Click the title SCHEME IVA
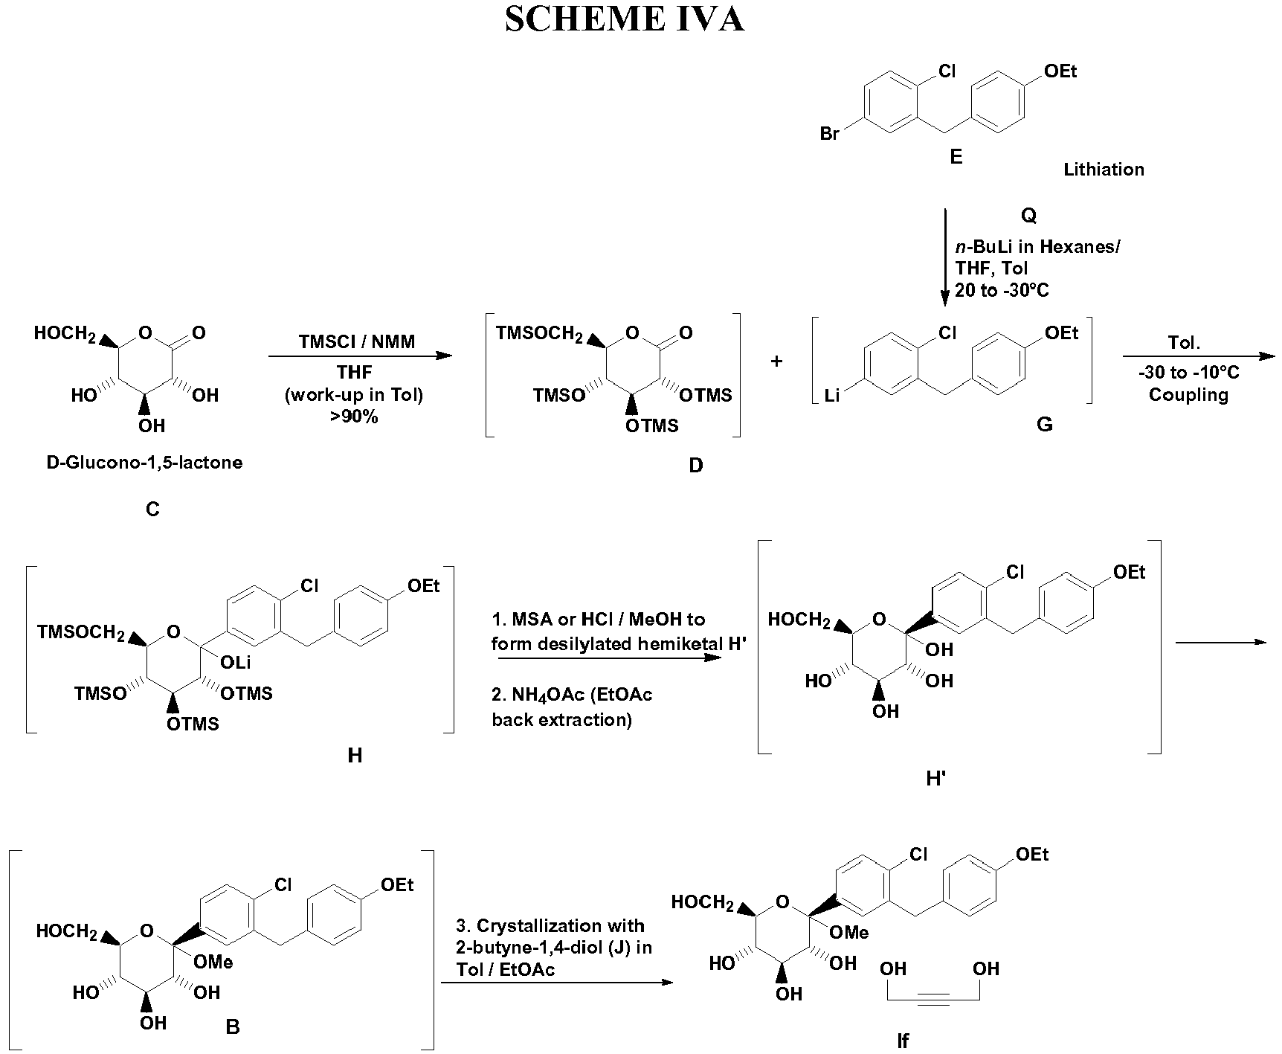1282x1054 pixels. coord(624,20)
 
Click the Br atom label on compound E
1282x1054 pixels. coord(829,134)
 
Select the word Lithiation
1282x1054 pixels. coord(1104,170)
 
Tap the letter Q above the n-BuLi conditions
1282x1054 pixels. coord(1028,216)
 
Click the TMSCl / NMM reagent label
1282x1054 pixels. coord(357,342)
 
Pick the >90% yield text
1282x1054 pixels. coord(355,417)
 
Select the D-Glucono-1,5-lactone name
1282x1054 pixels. coord(144,463)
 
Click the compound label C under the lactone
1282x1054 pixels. coord(152,510)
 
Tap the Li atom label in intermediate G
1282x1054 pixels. coord(832,396)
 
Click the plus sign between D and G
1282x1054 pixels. coord(777,361)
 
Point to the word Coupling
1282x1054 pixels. coord(1188,395)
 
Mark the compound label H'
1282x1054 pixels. coord(936,779)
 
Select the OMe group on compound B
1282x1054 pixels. coord(213,963)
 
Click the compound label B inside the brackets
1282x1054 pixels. coord(232,1027)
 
